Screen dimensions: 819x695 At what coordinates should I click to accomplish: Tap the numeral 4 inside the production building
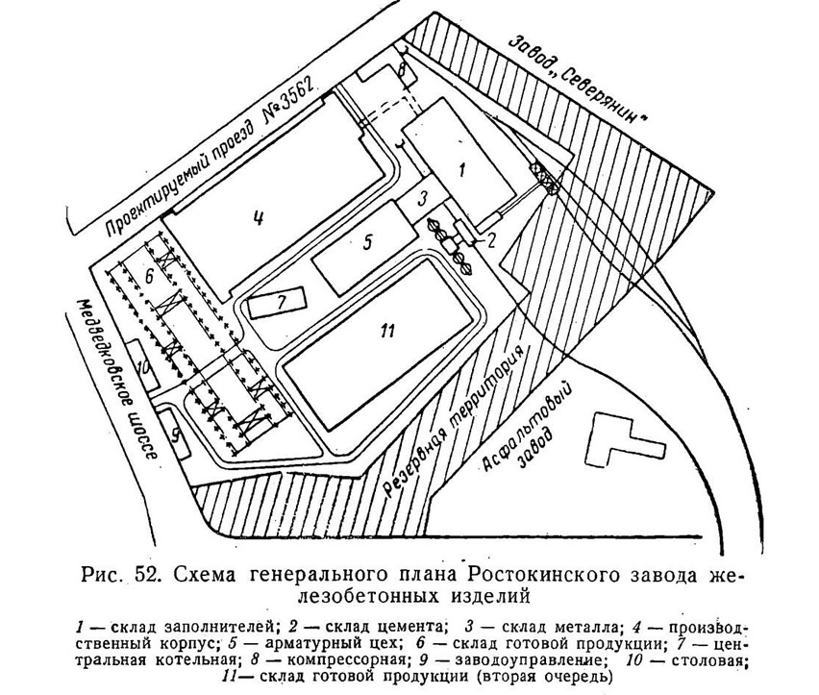(257, 215)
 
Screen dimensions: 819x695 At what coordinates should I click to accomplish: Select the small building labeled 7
(277, 303)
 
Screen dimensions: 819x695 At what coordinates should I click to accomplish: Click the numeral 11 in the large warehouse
(387, 330)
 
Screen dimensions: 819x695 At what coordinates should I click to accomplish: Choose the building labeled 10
(141, 365)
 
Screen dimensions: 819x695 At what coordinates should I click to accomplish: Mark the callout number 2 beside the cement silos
(491, 240)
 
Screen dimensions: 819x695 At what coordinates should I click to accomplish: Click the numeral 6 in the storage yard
(149, 276)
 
